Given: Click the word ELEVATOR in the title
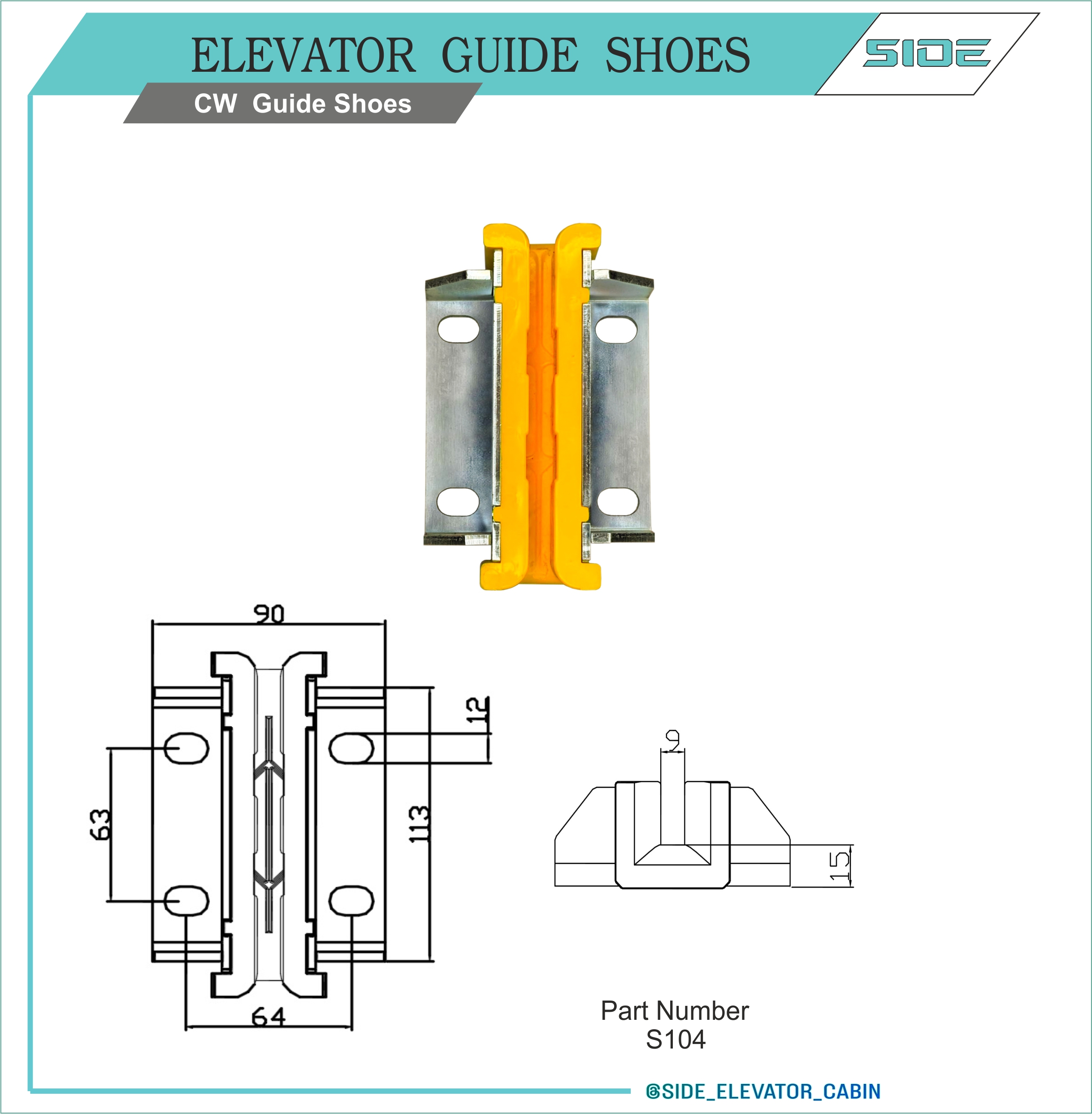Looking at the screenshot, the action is pyautogui.click(x=303, y=55).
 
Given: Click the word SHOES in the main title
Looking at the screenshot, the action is pyautogui.click(x=677, y=55).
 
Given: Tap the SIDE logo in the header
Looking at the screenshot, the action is pyautogui.click(x=927, y=53).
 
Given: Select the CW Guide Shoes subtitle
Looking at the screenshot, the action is pyautogui.click(x=303, y=104).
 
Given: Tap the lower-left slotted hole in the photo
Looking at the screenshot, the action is pyautogui.click(x=458, y=501).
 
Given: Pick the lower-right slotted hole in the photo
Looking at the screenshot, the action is pyautogui.click(x=618, y=501).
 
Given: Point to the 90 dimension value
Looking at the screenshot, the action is pyautogui.click(x=269, y=614).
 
